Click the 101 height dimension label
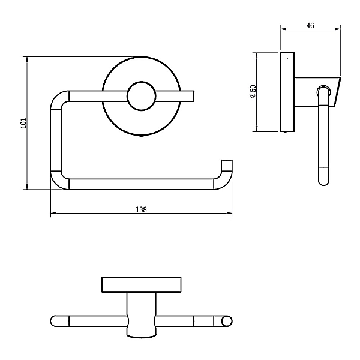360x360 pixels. tap(24, 123)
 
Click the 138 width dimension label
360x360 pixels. tap(141, 209)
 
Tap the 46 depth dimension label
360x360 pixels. tap(310, 25)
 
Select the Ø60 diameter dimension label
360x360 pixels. tap(253, 92)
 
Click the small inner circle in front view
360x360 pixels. tap(142, 96)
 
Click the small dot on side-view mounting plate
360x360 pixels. tap(287, 59)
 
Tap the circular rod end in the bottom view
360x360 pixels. tap(227, 321)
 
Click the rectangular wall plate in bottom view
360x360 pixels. tap(142, 284)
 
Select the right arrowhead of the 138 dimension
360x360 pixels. tap(229, 213)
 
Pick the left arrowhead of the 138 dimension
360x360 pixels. tap(53, 213)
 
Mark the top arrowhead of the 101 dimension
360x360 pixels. tap(27, 59)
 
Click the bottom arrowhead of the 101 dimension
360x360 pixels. tap(27, 187)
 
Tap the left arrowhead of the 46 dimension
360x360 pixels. tap(283, 29)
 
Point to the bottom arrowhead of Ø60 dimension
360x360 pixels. tap(257, 129)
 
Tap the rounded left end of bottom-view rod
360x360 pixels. tap(53, 321)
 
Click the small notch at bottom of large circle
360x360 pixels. tap(142, 136)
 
